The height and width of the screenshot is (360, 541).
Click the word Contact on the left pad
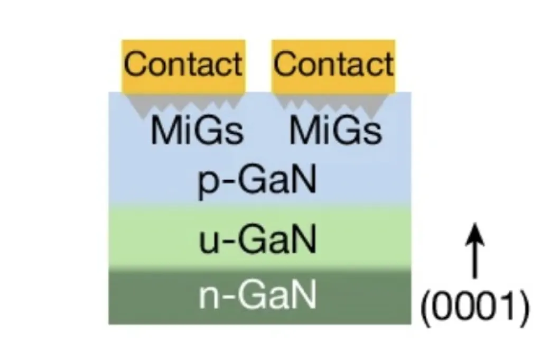pos(183,65)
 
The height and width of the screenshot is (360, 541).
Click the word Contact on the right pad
pos(333,65)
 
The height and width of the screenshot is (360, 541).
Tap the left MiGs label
pos(197,131)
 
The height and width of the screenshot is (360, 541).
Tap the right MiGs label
pos(335,131)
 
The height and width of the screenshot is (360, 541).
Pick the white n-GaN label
pos(257,296)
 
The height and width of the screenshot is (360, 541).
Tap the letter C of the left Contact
pos(135,65)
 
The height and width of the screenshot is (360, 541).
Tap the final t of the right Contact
pos(388,65)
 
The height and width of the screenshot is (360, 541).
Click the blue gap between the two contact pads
pos(258,79)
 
